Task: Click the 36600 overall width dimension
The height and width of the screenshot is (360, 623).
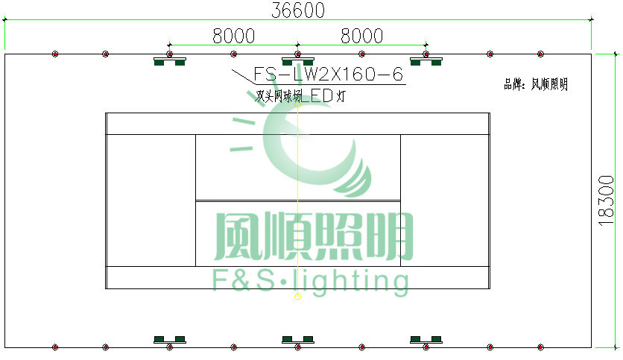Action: pos(297,10)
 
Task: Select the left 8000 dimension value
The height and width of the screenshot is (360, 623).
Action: pos(233,36)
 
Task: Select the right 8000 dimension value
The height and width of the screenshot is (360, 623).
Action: pos(361,36)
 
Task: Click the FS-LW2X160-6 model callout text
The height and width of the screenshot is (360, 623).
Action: pos(329,75)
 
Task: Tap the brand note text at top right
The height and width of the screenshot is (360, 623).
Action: pos(536,85)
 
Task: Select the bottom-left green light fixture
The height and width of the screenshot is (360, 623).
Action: pos(169,341)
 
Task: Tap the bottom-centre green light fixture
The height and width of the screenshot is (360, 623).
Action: pos(297,341)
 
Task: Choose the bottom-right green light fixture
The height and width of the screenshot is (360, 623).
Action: pos(426,341)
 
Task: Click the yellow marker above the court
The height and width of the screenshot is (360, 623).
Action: pos(297,107)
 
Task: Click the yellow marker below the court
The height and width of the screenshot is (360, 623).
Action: pos(297,297)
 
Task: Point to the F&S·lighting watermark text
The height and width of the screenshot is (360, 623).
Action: pos(311,281)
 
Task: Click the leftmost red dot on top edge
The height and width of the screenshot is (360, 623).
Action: pos(55,54)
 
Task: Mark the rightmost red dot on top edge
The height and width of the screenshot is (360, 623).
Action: pos(540,54)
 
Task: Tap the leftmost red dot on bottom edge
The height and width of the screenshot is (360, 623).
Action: pos(55,347)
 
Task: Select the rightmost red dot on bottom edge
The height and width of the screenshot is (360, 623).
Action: pos(540,347)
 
